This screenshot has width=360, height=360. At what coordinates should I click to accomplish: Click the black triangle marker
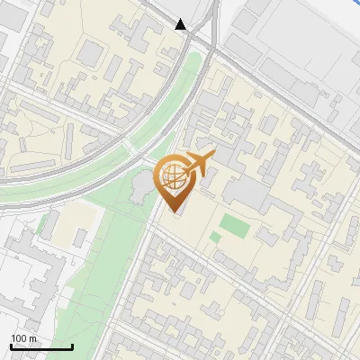click(182, 24)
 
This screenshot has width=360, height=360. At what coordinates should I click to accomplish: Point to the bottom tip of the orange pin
click(172, 211)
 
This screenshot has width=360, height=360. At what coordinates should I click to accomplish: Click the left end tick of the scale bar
click(11, 346)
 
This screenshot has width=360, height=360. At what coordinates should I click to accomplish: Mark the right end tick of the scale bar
click(73, 346)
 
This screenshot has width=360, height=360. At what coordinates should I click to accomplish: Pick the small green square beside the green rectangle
click(215, 238)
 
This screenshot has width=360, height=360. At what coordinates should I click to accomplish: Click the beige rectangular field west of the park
click(67, 225)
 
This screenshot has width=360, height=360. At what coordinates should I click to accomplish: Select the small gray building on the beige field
click(80, 238)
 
